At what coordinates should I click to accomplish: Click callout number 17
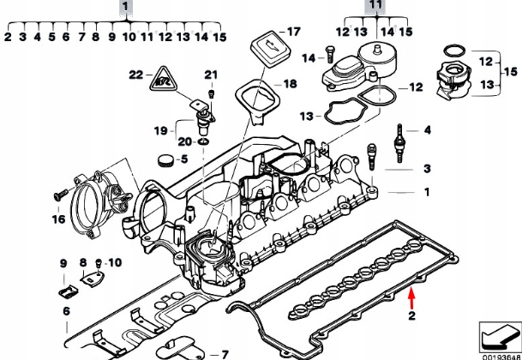pos(294,31)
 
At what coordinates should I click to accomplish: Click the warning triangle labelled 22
pos(164,82)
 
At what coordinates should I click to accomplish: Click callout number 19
pos(160,130)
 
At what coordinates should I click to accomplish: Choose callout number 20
pos(183,141)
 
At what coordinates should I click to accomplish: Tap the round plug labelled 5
pos(163,159)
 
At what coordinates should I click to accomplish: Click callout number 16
pos(58,219)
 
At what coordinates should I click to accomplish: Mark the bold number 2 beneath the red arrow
pos(411,317)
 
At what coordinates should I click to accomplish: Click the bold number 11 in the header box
pos(374,6)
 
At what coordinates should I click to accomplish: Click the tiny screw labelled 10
pos(100,261)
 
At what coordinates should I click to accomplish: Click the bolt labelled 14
pos(329,57)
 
